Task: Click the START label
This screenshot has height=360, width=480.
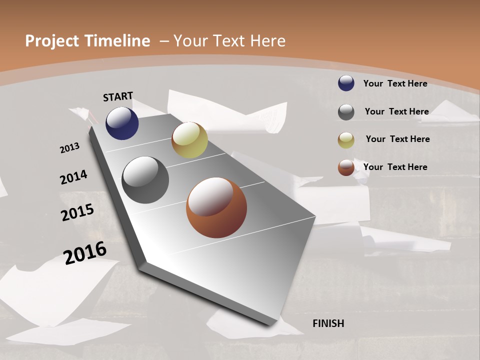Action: coord(118,96)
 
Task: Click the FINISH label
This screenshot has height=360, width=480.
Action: coord(328,323)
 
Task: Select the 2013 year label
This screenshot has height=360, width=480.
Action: coord(69,148)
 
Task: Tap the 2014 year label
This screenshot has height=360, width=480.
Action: coord(73,177)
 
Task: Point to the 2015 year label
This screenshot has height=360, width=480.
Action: coord(77,212)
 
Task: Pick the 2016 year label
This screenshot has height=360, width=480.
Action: coord(85,252)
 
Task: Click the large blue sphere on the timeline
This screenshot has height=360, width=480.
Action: coord(122,123)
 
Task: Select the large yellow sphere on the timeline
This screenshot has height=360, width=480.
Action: coord(189,140)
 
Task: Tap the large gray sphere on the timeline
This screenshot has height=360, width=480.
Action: coord(145,180)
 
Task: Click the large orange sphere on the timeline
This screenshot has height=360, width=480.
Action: coord(216,207)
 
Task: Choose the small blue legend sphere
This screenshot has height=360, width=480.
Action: coord(346,83)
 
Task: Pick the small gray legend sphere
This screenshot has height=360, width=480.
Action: coord(346,112)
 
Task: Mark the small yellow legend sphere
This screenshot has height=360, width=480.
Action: coord(346,140)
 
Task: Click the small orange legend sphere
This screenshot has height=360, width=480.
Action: coord(346,167)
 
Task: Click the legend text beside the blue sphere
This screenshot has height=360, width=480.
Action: coord(395,83)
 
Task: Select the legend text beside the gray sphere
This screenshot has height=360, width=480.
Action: coord(396,111)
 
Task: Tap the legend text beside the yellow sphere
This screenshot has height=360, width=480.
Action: coord(397,139)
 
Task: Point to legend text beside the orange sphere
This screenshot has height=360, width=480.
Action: coord(395,167)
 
